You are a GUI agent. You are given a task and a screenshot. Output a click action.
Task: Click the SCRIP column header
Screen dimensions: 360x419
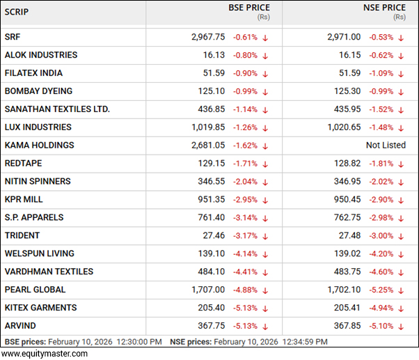click(x=19, y=13)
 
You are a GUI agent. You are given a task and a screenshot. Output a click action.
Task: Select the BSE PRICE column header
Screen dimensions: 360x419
click(x=248, y=8)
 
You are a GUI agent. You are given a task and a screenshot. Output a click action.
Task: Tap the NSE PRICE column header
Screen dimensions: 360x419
click(x=384, y=8)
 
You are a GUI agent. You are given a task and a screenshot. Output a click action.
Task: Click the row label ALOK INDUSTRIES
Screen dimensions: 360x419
click(x=41, y=55)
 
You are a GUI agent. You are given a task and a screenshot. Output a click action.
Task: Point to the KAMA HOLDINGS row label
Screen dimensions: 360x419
click(x=39, y=146)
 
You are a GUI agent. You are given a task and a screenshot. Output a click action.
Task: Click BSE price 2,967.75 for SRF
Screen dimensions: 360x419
click(x=208, y=37)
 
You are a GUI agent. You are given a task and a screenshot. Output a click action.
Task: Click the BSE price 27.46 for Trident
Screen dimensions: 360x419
click(x=214, y=235)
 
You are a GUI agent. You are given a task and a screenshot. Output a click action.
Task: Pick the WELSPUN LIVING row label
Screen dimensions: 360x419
click(x=39, y=253)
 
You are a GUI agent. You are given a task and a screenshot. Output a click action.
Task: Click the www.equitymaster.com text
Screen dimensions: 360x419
click(x=45, y=354)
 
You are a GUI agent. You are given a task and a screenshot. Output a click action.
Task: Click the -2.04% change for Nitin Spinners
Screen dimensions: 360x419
click(x=245, y=182)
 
